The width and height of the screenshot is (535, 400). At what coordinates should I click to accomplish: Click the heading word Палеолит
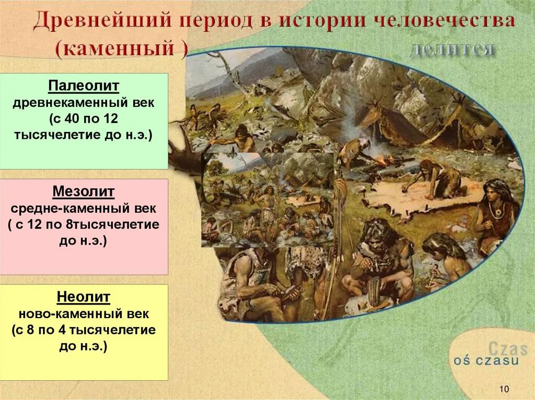84,86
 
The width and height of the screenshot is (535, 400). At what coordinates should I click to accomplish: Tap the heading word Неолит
84,297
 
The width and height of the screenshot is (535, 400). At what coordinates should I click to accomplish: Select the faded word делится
451,49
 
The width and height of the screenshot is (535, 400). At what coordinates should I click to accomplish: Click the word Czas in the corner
508,348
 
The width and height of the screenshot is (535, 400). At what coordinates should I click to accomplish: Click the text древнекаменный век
84,102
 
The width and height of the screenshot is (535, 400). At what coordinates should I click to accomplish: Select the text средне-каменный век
84,209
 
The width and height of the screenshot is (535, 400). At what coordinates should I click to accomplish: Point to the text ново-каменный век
84,314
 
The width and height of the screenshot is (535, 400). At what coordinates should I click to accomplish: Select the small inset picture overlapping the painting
267,199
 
